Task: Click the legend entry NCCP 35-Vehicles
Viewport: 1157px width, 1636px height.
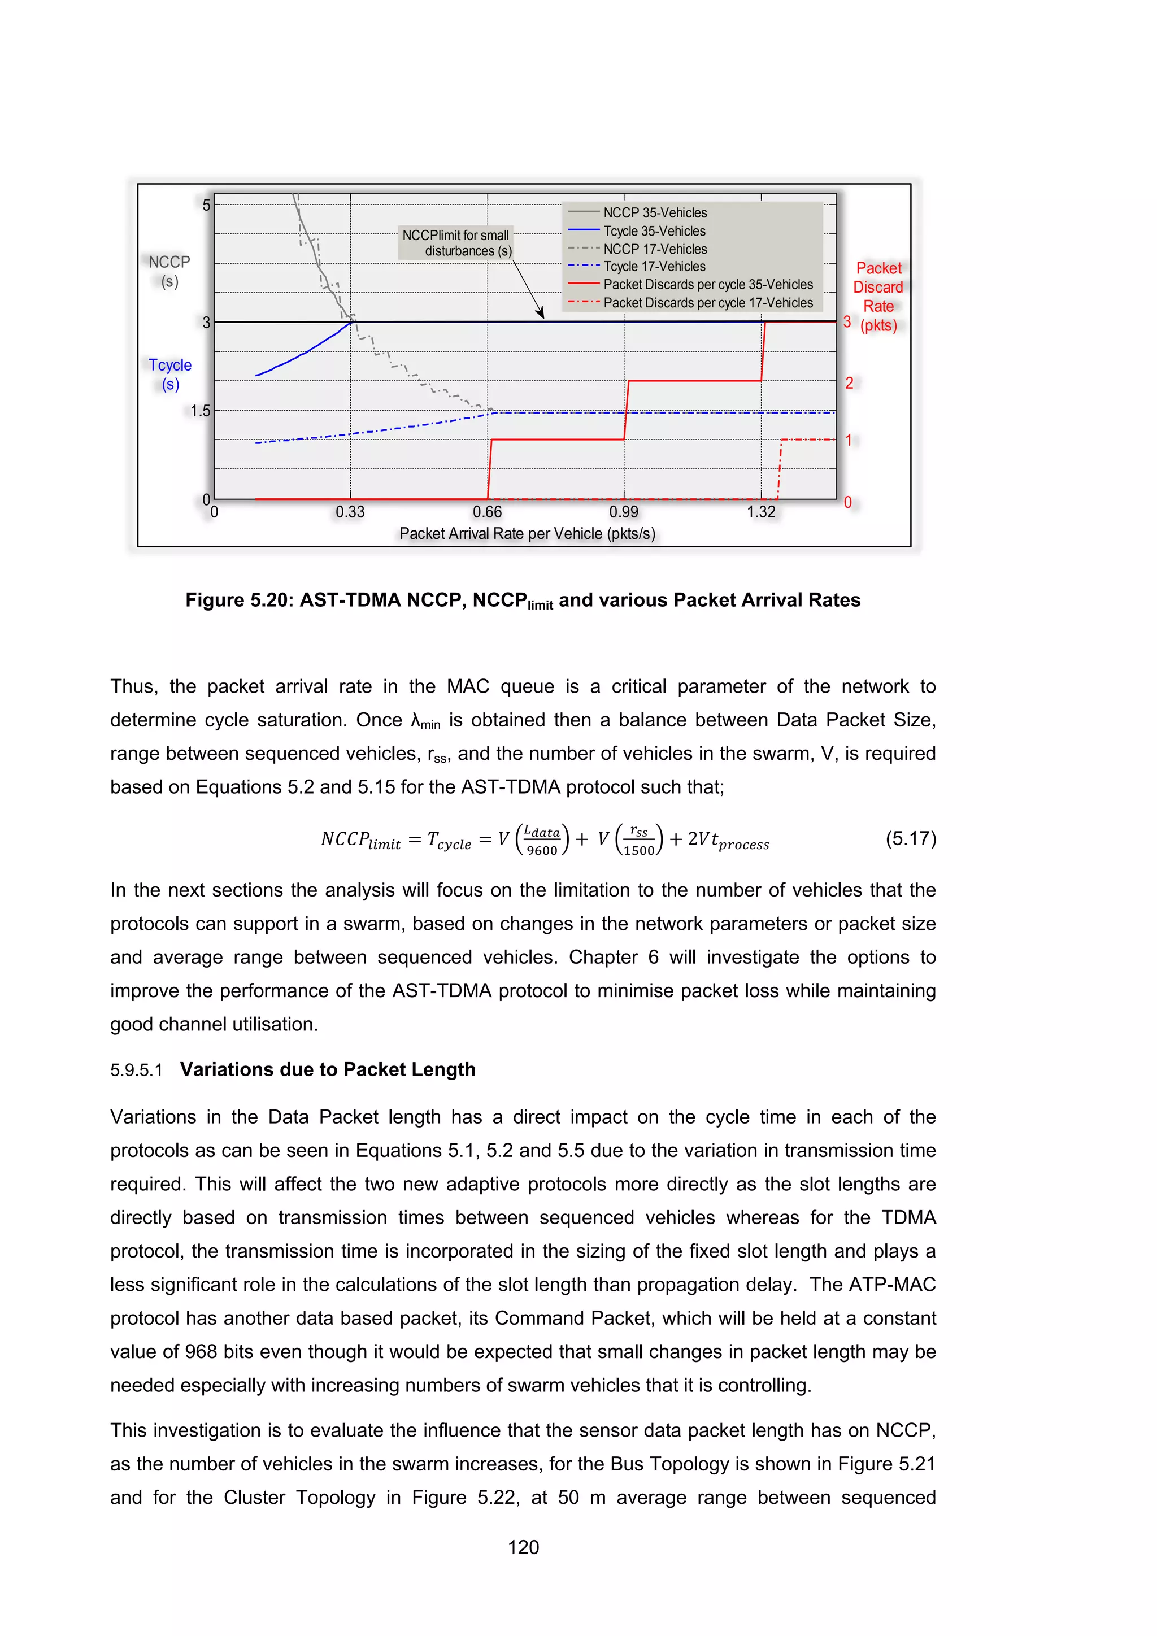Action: tap(655, 213)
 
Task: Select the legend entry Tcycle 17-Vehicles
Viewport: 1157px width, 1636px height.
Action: tap(654, 267)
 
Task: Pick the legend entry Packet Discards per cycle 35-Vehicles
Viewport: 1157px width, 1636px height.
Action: tap(707, 284)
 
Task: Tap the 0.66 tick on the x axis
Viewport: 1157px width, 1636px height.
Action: tap(488, 512)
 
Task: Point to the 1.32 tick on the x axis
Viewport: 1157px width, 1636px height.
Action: tap(761, 512)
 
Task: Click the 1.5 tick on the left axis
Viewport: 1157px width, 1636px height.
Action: tap(200, 411)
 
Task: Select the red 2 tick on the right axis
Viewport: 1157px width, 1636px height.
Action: tap(849, 384)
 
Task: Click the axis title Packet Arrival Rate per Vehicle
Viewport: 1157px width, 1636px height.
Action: tap(527, 534)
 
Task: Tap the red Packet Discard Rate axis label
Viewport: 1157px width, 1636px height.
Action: tap(878, 297)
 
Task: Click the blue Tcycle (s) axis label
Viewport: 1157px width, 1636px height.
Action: tap(170, 374)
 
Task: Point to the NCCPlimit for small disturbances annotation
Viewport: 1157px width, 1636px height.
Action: tap(456, 243)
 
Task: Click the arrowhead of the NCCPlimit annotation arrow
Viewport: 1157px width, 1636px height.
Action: tap(541, 315)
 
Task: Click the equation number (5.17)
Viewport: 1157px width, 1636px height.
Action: tap(911, 839)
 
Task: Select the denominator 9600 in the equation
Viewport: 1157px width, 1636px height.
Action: tap(542, 851)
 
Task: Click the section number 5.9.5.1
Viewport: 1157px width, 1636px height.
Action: tap(137, 1071)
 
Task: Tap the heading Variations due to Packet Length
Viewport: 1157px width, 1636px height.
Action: tap(328, 1069)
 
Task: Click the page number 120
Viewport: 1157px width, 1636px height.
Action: tap(524, 1547)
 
